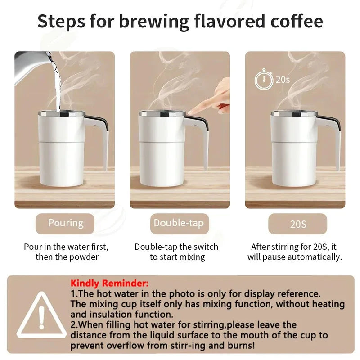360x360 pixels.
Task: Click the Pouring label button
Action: (66, 223)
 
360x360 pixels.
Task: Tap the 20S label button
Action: (297, 224)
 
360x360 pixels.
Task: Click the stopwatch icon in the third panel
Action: (264, 80)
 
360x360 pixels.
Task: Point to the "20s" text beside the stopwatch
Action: (283, 80)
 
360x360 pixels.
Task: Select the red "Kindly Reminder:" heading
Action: (109, 283)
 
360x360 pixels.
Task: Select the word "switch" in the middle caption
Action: (203, 247)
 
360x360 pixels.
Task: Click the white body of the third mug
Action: (292, 153)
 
